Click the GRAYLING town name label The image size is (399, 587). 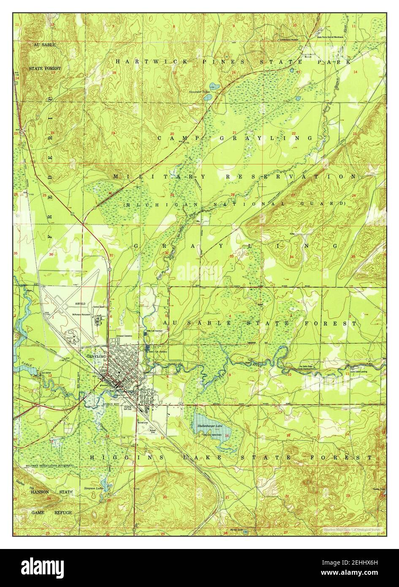pos(96,356)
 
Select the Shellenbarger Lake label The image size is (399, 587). pos(210,426)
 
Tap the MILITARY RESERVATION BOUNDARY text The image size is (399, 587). pos(49,465)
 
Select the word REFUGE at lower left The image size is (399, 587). pos(63,512)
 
